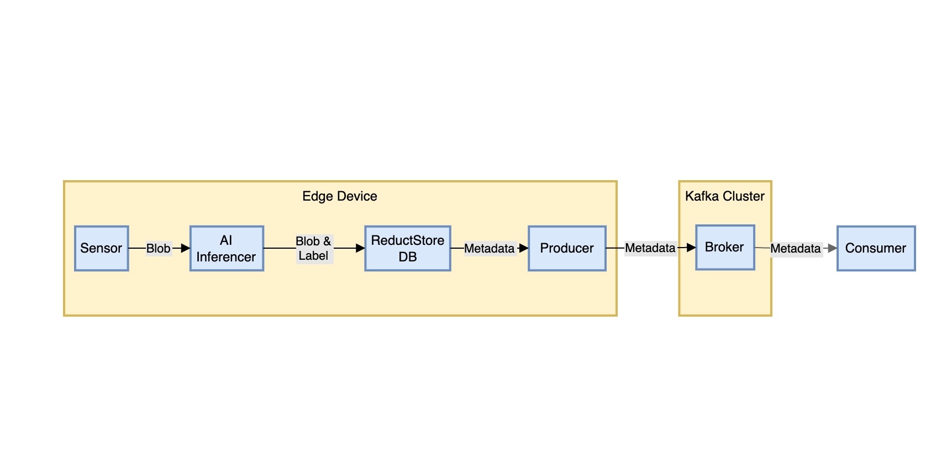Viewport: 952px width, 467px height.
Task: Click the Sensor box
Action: [x=101, y=248]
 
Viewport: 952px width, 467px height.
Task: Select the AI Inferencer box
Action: [x=227, y=248]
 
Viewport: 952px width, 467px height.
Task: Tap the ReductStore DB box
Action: [x=408, y=248]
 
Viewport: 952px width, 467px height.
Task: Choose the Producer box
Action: [x=567, y=248]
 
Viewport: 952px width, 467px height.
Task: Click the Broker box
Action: [x=725, y=247]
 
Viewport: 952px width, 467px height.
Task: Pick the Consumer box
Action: [x=876, y=248]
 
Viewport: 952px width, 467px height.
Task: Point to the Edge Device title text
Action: [x=339, y=196]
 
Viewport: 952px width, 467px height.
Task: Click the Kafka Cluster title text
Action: [x=724, y=196]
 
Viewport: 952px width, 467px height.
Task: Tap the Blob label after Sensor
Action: [x=158, y=249]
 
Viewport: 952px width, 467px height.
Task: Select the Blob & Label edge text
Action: [x=313, y=248]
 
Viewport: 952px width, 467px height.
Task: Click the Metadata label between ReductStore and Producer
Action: [x=489, y=249]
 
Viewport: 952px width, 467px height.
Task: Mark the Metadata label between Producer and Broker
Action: [x=650, y=248]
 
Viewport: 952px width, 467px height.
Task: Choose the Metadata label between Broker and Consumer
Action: [x=795, y=249]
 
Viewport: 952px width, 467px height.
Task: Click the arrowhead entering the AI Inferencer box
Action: [x=186, y=248]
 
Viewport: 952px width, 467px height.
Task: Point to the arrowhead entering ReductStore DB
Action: [x=360, y=248]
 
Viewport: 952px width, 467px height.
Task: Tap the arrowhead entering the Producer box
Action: [x=524, y=248]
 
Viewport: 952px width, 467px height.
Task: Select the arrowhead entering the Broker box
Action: [x=691, y=248]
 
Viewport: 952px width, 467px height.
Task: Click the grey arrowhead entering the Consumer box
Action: [x=833, y=249]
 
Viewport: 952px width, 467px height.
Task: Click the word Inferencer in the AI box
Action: [x=226, y=257]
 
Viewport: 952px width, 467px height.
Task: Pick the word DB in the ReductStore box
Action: [x=408, y=257]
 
